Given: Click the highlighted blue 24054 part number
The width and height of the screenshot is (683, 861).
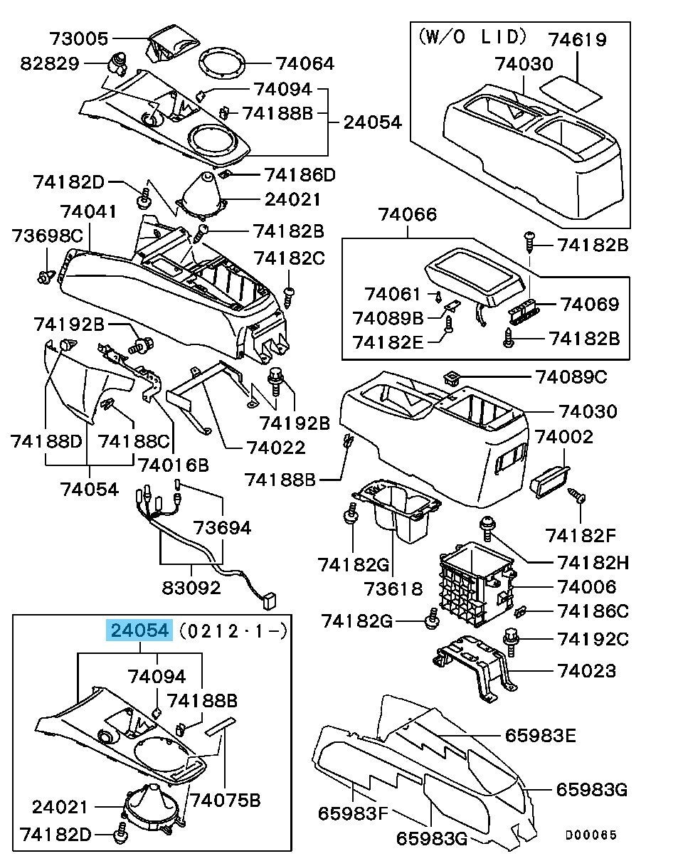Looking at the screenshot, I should pos(139,630).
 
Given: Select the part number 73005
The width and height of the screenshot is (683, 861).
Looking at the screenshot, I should pos(79,38).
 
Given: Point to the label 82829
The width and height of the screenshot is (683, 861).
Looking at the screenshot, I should pos(50,63).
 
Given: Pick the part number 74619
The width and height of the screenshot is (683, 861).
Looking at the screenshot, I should pos(577,38).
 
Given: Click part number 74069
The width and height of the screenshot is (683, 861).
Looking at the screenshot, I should pos(590,305).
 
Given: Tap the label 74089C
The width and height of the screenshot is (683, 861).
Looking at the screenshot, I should pos(571,376).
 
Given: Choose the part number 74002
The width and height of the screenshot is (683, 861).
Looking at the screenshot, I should pos(564,436).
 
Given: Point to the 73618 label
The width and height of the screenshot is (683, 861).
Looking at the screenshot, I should pos(393,589).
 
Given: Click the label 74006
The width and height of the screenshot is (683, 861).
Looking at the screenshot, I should pos(587,587).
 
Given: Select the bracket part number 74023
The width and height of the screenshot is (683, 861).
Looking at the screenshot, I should pos(587,671).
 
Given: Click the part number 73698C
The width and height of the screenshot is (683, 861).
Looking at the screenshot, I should pos(47,236).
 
